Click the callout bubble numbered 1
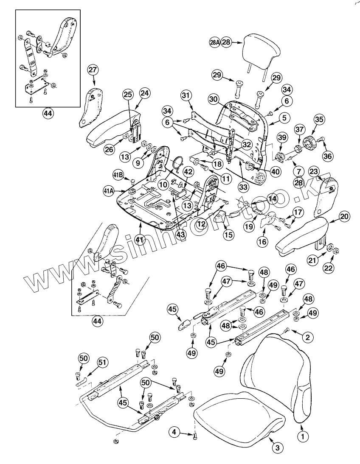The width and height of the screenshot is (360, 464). (x=302, y=436)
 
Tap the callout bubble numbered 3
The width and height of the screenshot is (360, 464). (x=277, y=448)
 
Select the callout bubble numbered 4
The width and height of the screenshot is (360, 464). (x=174, y=432)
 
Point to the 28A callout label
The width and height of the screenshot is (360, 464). (x=214, y=42)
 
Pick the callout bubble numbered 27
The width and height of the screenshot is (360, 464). (x=93, y=70)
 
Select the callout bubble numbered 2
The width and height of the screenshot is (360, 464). (x=307, y=337)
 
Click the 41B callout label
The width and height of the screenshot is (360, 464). (x=118, y=175)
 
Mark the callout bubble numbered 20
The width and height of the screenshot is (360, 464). (x=344, y=217)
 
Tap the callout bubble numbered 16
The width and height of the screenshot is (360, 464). (x=262, y=242)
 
